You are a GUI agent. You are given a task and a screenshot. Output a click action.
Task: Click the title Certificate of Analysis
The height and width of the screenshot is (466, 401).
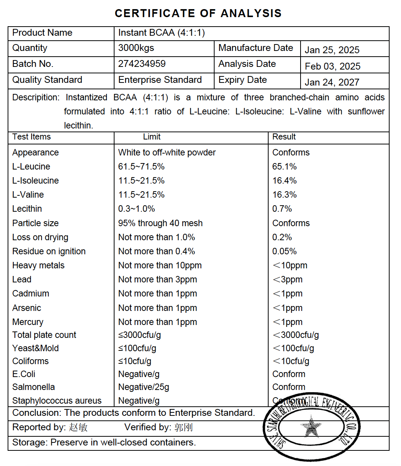click(x=198, y=13)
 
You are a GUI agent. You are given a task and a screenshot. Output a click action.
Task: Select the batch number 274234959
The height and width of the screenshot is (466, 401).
click(x=142, y=64)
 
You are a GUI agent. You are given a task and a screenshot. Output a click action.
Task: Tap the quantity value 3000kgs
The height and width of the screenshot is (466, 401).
click(x=136, y=48)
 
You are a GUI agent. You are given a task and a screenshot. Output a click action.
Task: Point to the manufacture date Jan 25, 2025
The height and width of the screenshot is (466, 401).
click(x=332, y=50)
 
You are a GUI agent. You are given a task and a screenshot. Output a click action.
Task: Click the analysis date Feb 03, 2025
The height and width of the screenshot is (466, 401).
click(x=333, y=67)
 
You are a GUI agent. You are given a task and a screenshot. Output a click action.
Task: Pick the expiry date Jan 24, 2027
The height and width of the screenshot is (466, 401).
click(x=332, y=82)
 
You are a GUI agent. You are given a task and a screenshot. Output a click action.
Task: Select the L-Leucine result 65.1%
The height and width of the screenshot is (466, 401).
click(x=284, y=166)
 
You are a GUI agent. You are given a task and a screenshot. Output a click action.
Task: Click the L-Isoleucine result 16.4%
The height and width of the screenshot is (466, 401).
click(x=284, y=181)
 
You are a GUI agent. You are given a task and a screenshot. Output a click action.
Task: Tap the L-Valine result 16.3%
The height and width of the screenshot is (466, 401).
click(x=284, y=195)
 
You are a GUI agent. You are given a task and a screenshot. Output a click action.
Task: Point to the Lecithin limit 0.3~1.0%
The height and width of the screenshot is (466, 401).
click(x=136, y=209)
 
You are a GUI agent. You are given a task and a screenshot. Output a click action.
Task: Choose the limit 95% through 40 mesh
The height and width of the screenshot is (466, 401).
click(x=160, y=223)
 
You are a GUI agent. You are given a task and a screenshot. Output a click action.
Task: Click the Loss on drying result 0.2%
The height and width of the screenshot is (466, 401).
click(x=282, y=237)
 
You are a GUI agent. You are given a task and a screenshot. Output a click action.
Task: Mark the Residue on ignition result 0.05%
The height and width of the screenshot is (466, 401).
click(x=284, y=251)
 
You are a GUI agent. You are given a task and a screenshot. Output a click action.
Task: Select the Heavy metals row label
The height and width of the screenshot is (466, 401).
click(x=38, y=265)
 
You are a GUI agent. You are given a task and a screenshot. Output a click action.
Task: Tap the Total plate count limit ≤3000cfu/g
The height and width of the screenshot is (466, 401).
click(x=139, y=335)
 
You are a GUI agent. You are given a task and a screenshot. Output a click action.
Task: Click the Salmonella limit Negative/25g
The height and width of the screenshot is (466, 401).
click(x=143, y=387)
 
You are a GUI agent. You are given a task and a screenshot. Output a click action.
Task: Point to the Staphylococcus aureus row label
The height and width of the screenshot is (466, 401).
click(x=57, y=401)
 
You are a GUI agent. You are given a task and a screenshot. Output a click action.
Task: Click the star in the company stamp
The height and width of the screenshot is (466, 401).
click(x=311, y=426)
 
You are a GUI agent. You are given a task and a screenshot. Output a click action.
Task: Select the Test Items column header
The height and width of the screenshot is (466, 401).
click(x=31, y=137)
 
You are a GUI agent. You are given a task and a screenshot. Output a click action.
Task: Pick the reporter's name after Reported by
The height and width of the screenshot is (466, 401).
click(x=78, y=427)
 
